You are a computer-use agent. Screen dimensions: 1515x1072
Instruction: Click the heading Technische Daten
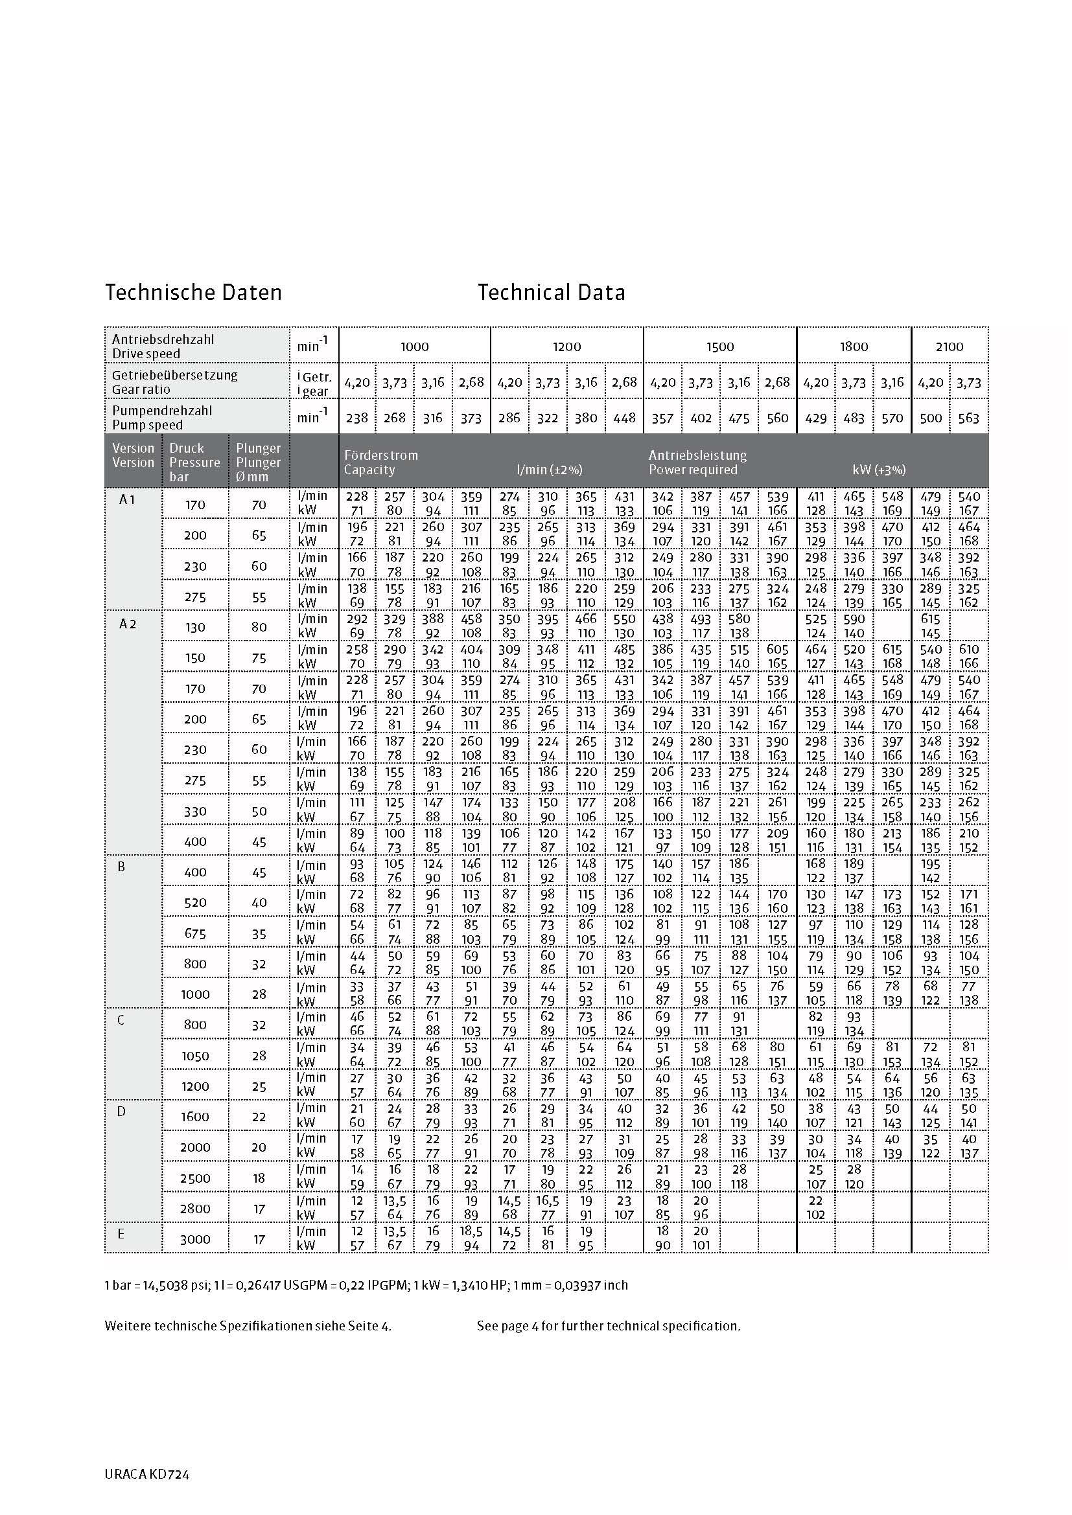193,292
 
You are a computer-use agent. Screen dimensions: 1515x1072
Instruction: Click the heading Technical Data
551,292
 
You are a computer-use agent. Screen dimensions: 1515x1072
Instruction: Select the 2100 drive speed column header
950,347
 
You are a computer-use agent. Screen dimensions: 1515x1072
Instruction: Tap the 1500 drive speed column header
719,347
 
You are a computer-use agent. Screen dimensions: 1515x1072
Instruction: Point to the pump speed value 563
968,418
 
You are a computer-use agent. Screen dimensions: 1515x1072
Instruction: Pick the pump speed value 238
356,418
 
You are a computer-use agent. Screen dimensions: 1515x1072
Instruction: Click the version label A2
128,624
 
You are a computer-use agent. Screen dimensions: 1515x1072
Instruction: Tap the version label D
121,1111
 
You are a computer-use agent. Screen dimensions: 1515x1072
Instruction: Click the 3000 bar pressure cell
195,1239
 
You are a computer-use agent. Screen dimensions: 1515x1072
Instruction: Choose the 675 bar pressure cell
195,934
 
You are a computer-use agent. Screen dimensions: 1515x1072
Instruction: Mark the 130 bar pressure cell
195,627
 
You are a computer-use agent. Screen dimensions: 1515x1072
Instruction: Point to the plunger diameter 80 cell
259,627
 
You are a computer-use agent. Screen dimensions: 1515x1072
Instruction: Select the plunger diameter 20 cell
259,1147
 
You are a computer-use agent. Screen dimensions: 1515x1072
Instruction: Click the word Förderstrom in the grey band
381,455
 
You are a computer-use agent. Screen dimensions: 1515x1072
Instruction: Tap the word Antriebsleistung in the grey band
698,455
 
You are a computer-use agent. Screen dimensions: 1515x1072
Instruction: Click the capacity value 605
778,649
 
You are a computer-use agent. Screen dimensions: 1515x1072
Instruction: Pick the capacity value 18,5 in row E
471,1231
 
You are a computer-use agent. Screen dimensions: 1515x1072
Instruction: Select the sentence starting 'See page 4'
609,1326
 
